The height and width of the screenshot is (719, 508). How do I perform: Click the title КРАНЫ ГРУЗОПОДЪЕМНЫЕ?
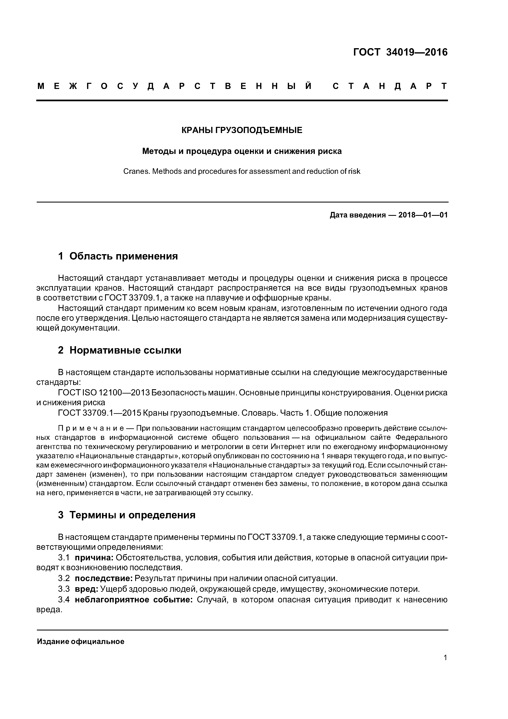(x=242, y=130)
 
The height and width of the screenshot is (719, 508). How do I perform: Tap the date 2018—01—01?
(x=423, y=215)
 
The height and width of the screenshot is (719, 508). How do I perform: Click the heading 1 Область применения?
(x=118, y=256)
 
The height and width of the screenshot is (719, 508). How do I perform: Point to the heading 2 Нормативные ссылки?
(x=120, y=350)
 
